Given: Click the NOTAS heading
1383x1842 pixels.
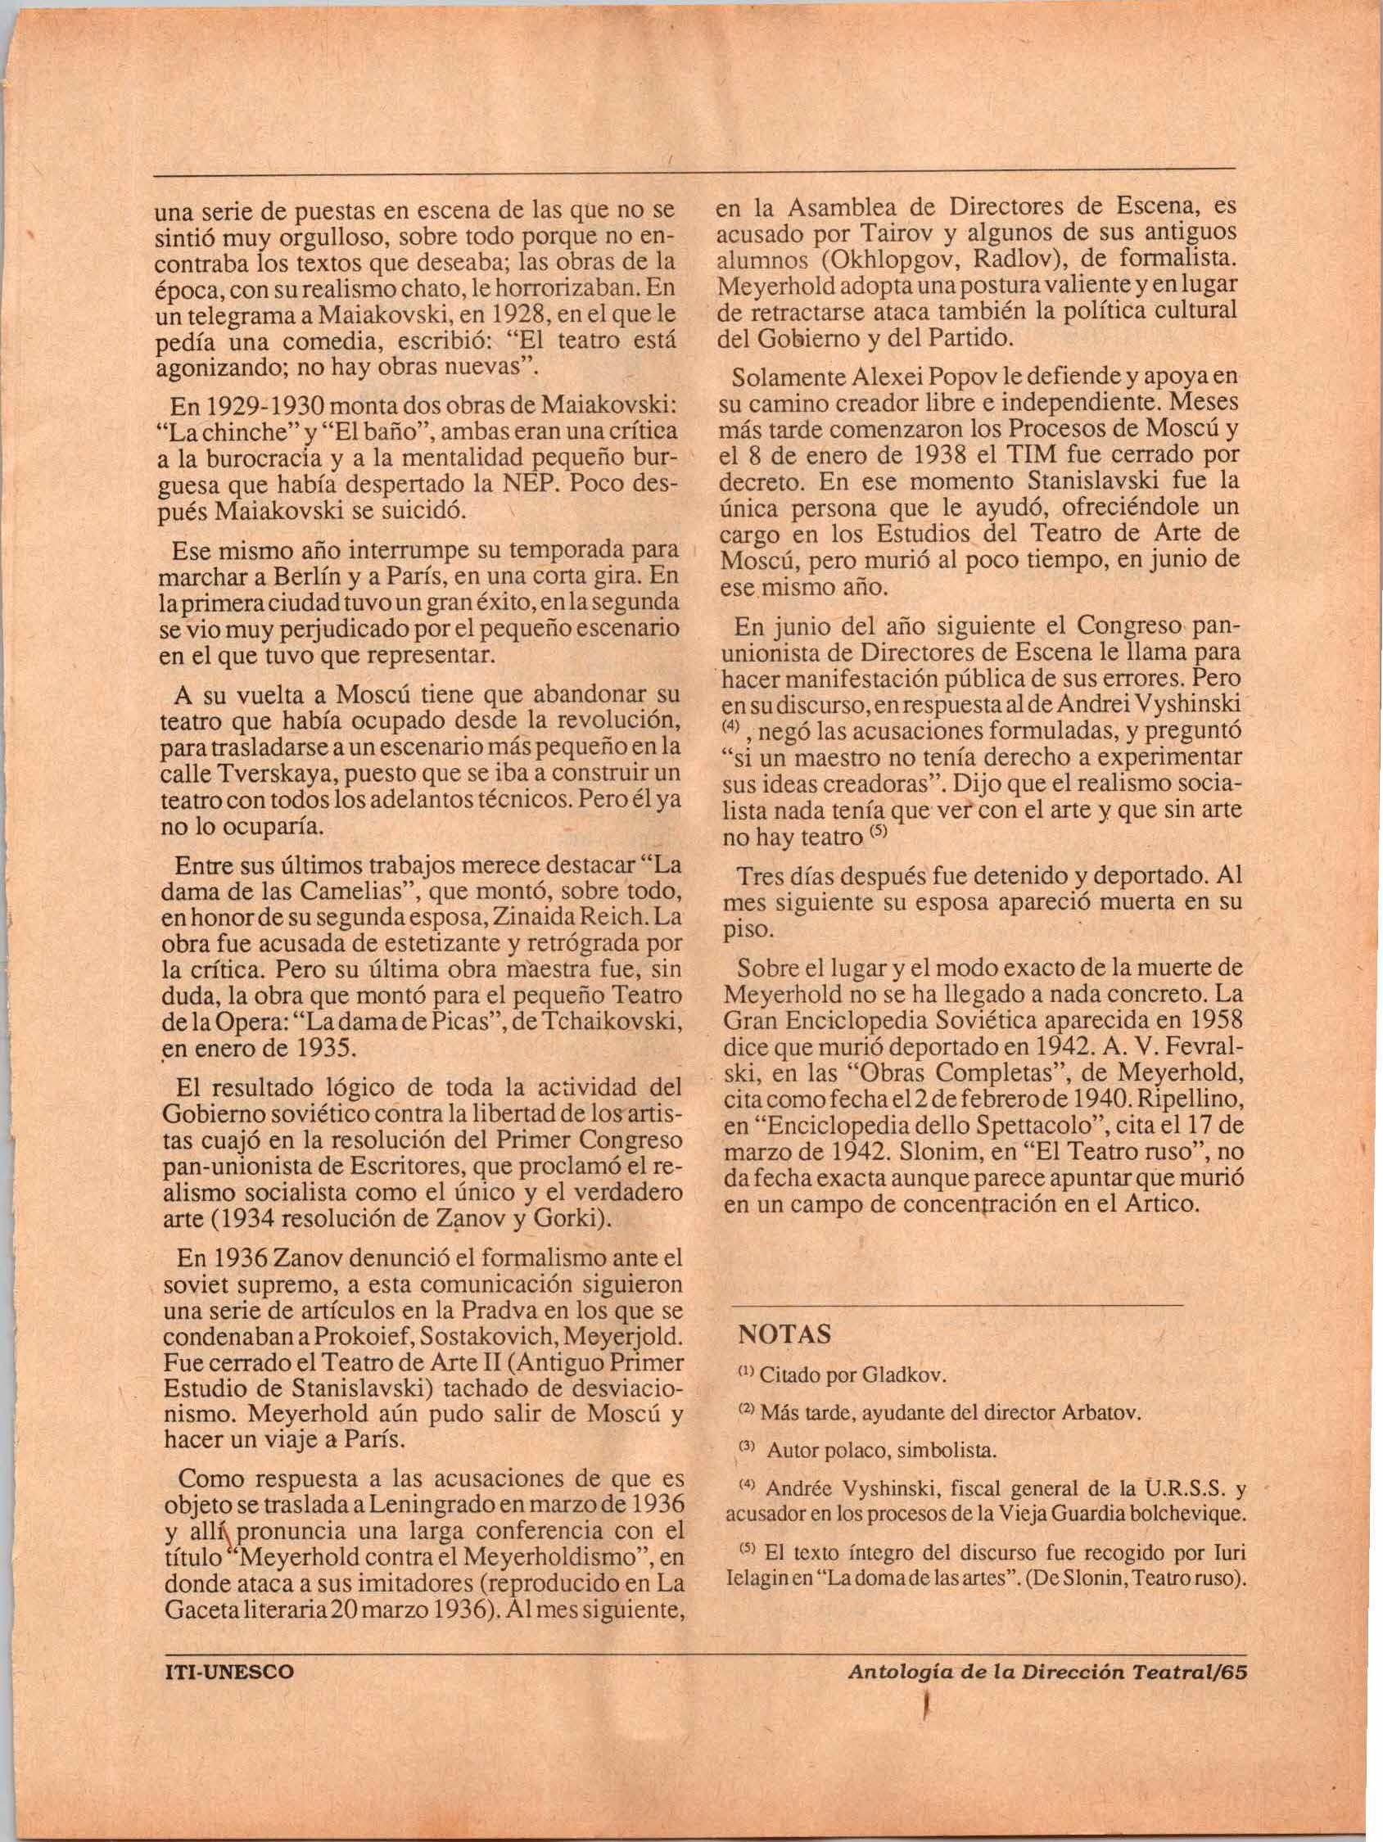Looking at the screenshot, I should point(784,1334).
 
